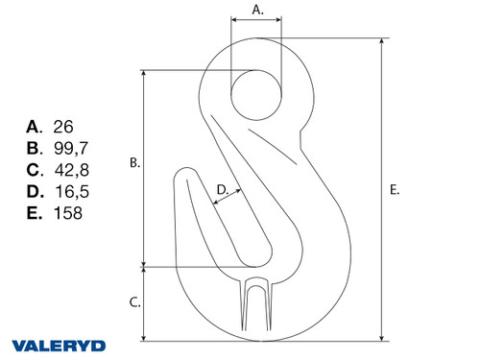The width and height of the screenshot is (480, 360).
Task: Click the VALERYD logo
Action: coord(59,345)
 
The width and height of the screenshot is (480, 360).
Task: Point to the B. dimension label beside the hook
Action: coord(135,164)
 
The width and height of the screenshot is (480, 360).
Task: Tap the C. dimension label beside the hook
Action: coord(135,302)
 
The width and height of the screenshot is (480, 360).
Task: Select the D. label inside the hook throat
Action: coord(222,190)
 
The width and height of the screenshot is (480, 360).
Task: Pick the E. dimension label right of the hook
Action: coord(395,190)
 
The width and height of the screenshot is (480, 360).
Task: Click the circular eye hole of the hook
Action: coord(256,95)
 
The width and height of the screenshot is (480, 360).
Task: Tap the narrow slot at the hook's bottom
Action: coord(255,307)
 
